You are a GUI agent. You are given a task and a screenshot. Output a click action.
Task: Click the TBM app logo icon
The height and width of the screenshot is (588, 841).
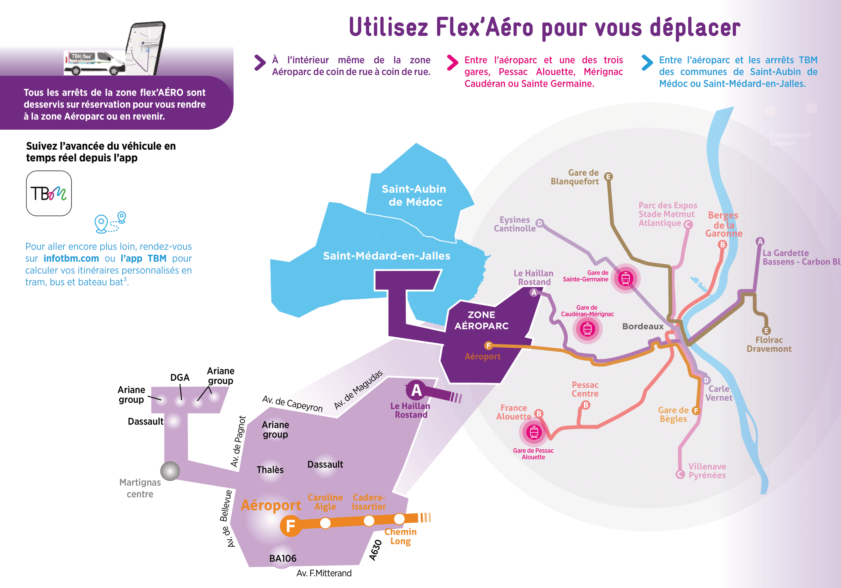[x=49, y=193]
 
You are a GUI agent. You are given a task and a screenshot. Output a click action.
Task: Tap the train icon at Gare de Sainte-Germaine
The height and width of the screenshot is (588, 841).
[x=626, y=278]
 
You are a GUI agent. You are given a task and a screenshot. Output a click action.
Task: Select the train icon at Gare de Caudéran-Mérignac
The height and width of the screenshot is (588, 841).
[x=588, y=328]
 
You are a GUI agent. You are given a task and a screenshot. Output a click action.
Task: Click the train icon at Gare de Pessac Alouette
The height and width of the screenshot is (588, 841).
[x=534, y=432]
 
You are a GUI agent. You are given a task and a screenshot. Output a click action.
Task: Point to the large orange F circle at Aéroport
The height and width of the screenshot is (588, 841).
[x=290, y=526]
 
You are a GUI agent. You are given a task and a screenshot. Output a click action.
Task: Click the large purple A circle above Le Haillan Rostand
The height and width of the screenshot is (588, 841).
[x=416, y=390]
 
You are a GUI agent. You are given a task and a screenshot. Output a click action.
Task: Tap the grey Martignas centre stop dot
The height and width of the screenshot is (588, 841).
[x=170, y=471]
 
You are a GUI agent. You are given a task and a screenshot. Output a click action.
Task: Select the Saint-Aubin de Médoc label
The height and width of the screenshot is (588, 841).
[x=414, y=196]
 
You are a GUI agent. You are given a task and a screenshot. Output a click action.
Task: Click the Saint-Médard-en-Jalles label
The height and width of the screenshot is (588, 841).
[x=387, y=256]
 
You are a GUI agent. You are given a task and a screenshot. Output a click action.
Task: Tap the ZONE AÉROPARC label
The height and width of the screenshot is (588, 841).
[x=481, y=320]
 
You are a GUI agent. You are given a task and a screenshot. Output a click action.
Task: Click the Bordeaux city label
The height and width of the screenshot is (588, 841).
[x=643, y=326]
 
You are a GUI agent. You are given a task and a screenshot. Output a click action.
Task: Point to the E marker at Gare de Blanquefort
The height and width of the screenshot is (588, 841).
[x=608, y=177]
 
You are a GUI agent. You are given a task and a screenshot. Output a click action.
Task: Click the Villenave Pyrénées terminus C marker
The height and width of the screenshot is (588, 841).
[x=680, y=474]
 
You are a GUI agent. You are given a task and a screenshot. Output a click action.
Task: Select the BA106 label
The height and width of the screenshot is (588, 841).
[x=282, y=558]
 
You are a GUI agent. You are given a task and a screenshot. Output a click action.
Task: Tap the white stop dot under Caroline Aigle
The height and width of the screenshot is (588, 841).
[x=325, y=523]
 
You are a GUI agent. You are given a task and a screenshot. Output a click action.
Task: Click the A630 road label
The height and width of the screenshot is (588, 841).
[x=375, y=550]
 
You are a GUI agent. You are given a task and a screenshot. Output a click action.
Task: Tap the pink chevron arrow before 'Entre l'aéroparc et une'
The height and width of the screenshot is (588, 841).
[x=452, y=63]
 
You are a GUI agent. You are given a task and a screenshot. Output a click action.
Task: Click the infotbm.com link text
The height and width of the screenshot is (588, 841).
[x=71, y=258]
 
